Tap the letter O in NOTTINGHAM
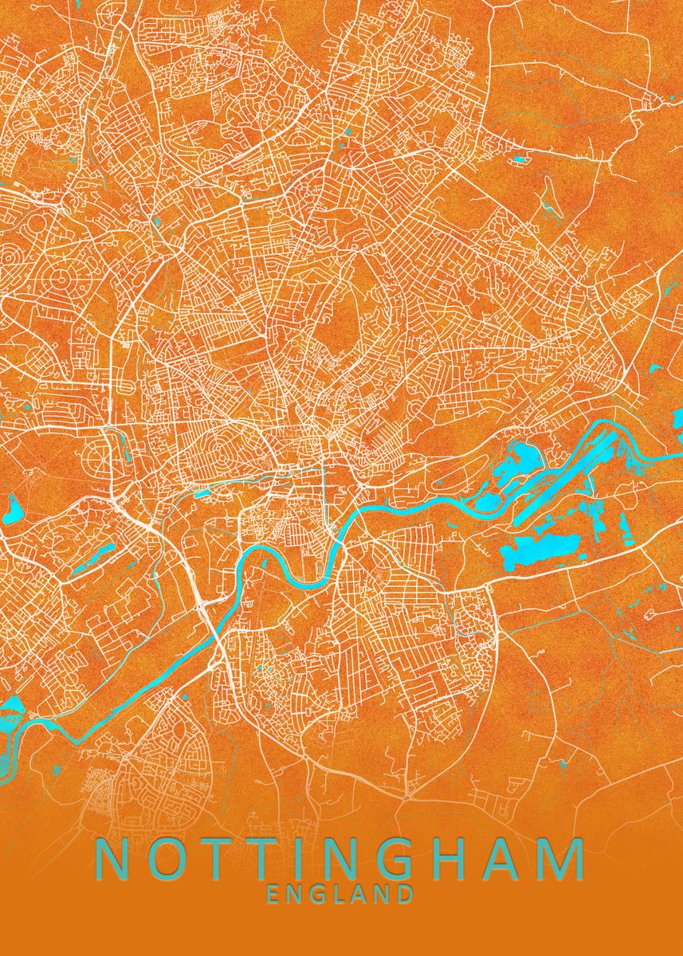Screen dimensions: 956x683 pyautogui.click(x=165, y=859)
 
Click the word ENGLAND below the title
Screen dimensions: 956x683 pyautogui.click(x=340, y=894)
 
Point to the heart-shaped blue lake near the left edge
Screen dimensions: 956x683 pyautogui.click(x=14, y=505)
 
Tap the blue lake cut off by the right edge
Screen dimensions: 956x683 pyautogui.click(x=677, y=418)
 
